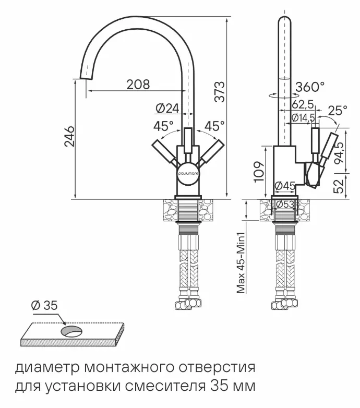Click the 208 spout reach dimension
point(138,83)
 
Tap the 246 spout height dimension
point(69,137)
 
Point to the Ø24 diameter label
point(167,109)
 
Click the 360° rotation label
point(310,87)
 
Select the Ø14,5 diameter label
point(302,117)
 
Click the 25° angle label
point(338,111)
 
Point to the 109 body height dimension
point(259,171)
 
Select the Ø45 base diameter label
point(285,186)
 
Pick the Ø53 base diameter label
point(285,205)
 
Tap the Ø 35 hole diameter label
point(44,306)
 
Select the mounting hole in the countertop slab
point(71,331)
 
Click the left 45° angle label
point(163,126)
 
